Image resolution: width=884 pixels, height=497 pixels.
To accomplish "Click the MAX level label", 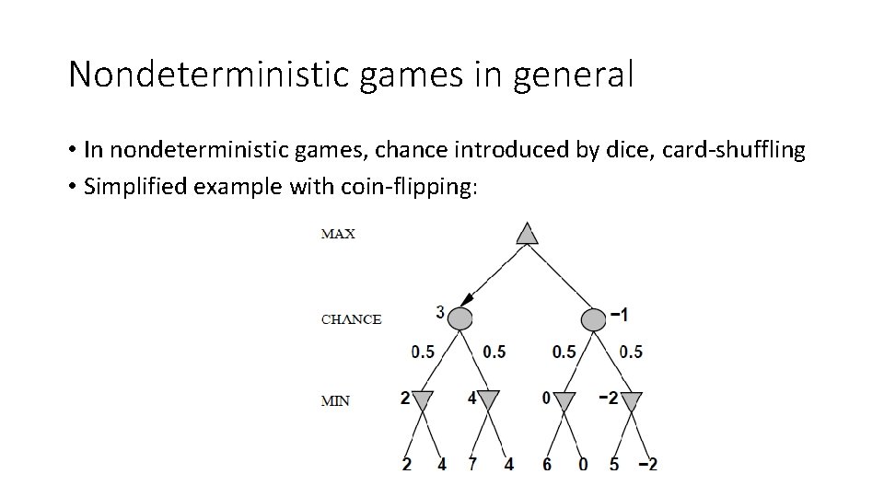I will pyautogui.click(x=338, y=234).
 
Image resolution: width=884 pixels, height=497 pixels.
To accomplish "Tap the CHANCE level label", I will pyautogui.click(x=351, y=319).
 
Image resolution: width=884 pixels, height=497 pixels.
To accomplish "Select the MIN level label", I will pyautogui.click(x=334, y=400).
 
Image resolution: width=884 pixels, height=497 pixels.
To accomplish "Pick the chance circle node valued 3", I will pyautogui.click(x=459, y=318).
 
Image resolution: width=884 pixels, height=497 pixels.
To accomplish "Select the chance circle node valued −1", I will pyautogui.click(x=593, y=318).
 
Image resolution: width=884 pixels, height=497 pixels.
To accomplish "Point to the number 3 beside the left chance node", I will pyautogui.click(x=440, y=313).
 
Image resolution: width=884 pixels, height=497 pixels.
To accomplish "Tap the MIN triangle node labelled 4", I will pyautogui.click(x=488, y=401).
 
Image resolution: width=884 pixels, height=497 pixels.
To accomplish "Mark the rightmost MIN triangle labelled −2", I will pyautogui.click(x=632, y=401).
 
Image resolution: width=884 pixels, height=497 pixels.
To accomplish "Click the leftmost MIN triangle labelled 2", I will pyautogui.click(x=422, y=401).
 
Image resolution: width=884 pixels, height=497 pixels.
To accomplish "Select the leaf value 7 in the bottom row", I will pyautogui.click(x=472, y=464).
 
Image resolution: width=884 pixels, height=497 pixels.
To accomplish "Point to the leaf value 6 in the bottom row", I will pyautogui.click(x=547, y=464).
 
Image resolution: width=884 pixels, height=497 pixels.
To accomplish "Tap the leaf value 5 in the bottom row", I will pyautogui.click(x=614, y=464).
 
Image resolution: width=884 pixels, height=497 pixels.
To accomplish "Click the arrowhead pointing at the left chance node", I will pyautogui.click(x=467, y=299).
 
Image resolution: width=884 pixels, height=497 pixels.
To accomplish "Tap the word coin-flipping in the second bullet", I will pyautogui.click(x=418, y=187).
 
